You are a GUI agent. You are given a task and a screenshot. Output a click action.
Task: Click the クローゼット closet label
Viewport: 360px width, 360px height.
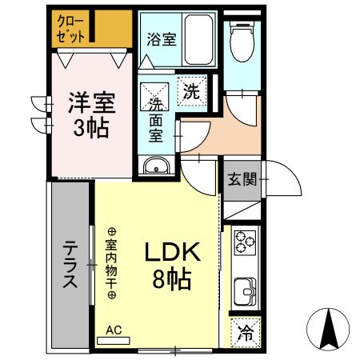[72, 29]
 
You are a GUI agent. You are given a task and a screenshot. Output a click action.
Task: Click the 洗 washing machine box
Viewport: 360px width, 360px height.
[191, 90]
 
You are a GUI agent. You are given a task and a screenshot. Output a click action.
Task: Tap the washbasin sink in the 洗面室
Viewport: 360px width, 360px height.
[155, 166]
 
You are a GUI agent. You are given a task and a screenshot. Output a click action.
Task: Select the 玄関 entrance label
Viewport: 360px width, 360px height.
[242, 179]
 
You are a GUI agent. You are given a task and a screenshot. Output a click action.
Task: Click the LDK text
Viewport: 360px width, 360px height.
[170, 252]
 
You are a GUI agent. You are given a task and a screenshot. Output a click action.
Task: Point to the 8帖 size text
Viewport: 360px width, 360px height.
[170, 279]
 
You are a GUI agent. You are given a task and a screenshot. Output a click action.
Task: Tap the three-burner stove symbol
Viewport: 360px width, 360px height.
[244, 242]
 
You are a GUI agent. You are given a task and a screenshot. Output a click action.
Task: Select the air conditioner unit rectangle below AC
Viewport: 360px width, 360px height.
[113, 340]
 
